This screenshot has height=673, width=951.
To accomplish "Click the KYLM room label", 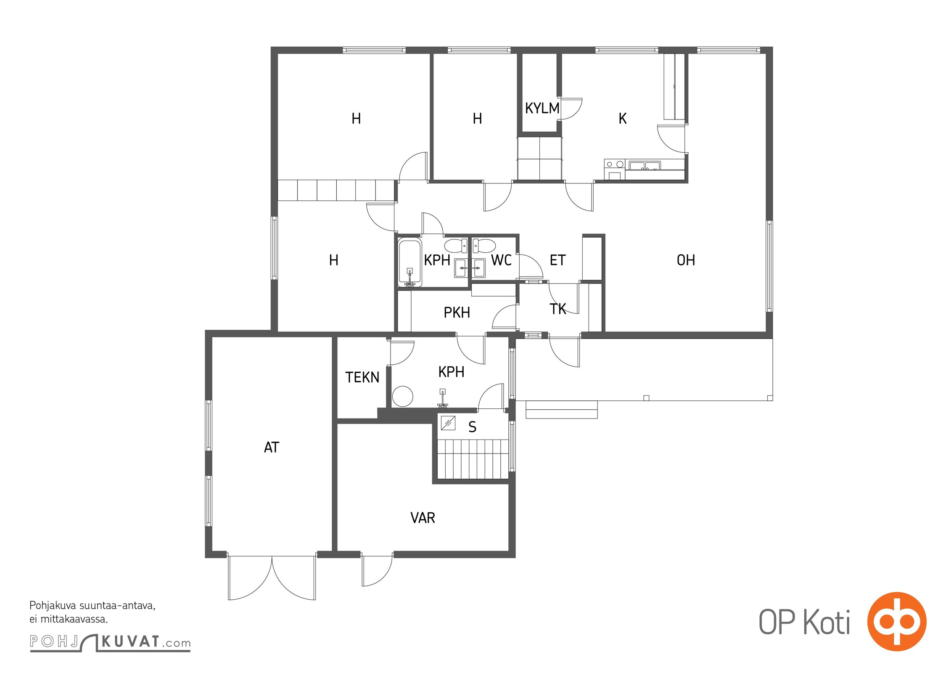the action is [x=542, y=109].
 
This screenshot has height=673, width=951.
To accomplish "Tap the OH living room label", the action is [x=685, y=260].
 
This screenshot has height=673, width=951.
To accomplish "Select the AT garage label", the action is [x=271, y=447].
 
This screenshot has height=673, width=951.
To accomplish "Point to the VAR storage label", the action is [x=423, y=518].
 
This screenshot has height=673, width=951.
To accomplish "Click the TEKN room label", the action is [x=362, y=377].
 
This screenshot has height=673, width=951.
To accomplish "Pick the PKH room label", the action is [x=457, y=313].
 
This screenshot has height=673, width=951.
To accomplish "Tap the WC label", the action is [x=501, y=260].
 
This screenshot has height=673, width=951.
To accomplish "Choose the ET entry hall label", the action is [x=557, y=260].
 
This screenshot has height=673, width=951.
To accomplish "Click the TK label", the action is [x=558, y=309].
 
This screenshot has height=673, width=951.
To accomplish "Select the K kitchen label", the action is [x=623, y=119].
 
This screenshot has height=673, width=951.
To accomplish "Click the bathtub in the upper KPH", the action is [x=410, y=263].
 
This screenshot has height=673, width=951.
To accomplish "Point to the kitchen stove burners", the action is [x=614, y=164].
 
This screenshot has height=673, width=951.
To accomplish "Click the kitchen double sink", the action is [x=645, y=166].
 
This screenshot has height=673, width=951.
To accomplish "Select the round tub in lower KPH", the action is [x=403, y=396].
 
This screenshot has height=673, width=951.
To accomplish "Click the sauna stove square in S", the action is [x=448, y=423].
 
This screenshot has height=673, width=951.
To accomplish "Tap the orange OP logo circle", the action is [x=897, y=621].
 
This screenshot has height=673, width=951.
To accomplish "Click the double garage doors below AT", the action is [x=272, y=578].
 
